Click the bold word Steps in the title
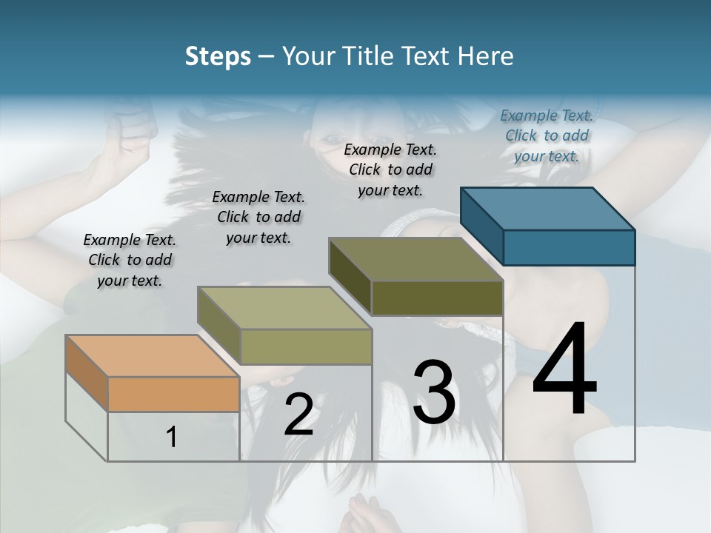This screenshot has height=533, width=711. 218,56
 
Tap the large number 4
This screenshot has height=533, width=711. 564,369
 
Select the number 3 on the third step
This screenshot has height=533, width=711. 434,392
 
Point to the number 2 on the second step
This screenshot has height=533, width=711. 298,415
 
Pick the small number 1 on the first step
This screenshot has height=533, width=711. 172,438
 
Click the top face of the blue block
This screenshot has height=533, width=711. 548,209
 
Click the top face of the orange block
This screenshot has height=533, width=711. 152,356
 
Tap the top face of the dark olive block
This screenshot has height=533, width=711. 415,259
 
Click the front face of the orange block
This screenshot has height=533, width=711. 173,394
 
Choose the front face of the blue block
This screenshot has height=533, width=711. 569,247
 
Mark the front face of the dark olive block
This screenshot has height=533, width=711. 437,298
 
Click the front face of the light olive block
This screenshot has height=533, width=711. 306,346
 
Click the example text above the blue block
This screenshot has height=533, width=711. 547,135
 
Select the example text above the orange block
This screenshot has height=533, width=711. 130,260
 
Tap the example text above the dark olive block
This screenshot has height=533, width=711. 390,170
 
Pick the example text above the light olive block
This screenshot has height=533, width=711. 258,217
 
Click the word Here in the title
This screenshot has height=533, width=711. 487,56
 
